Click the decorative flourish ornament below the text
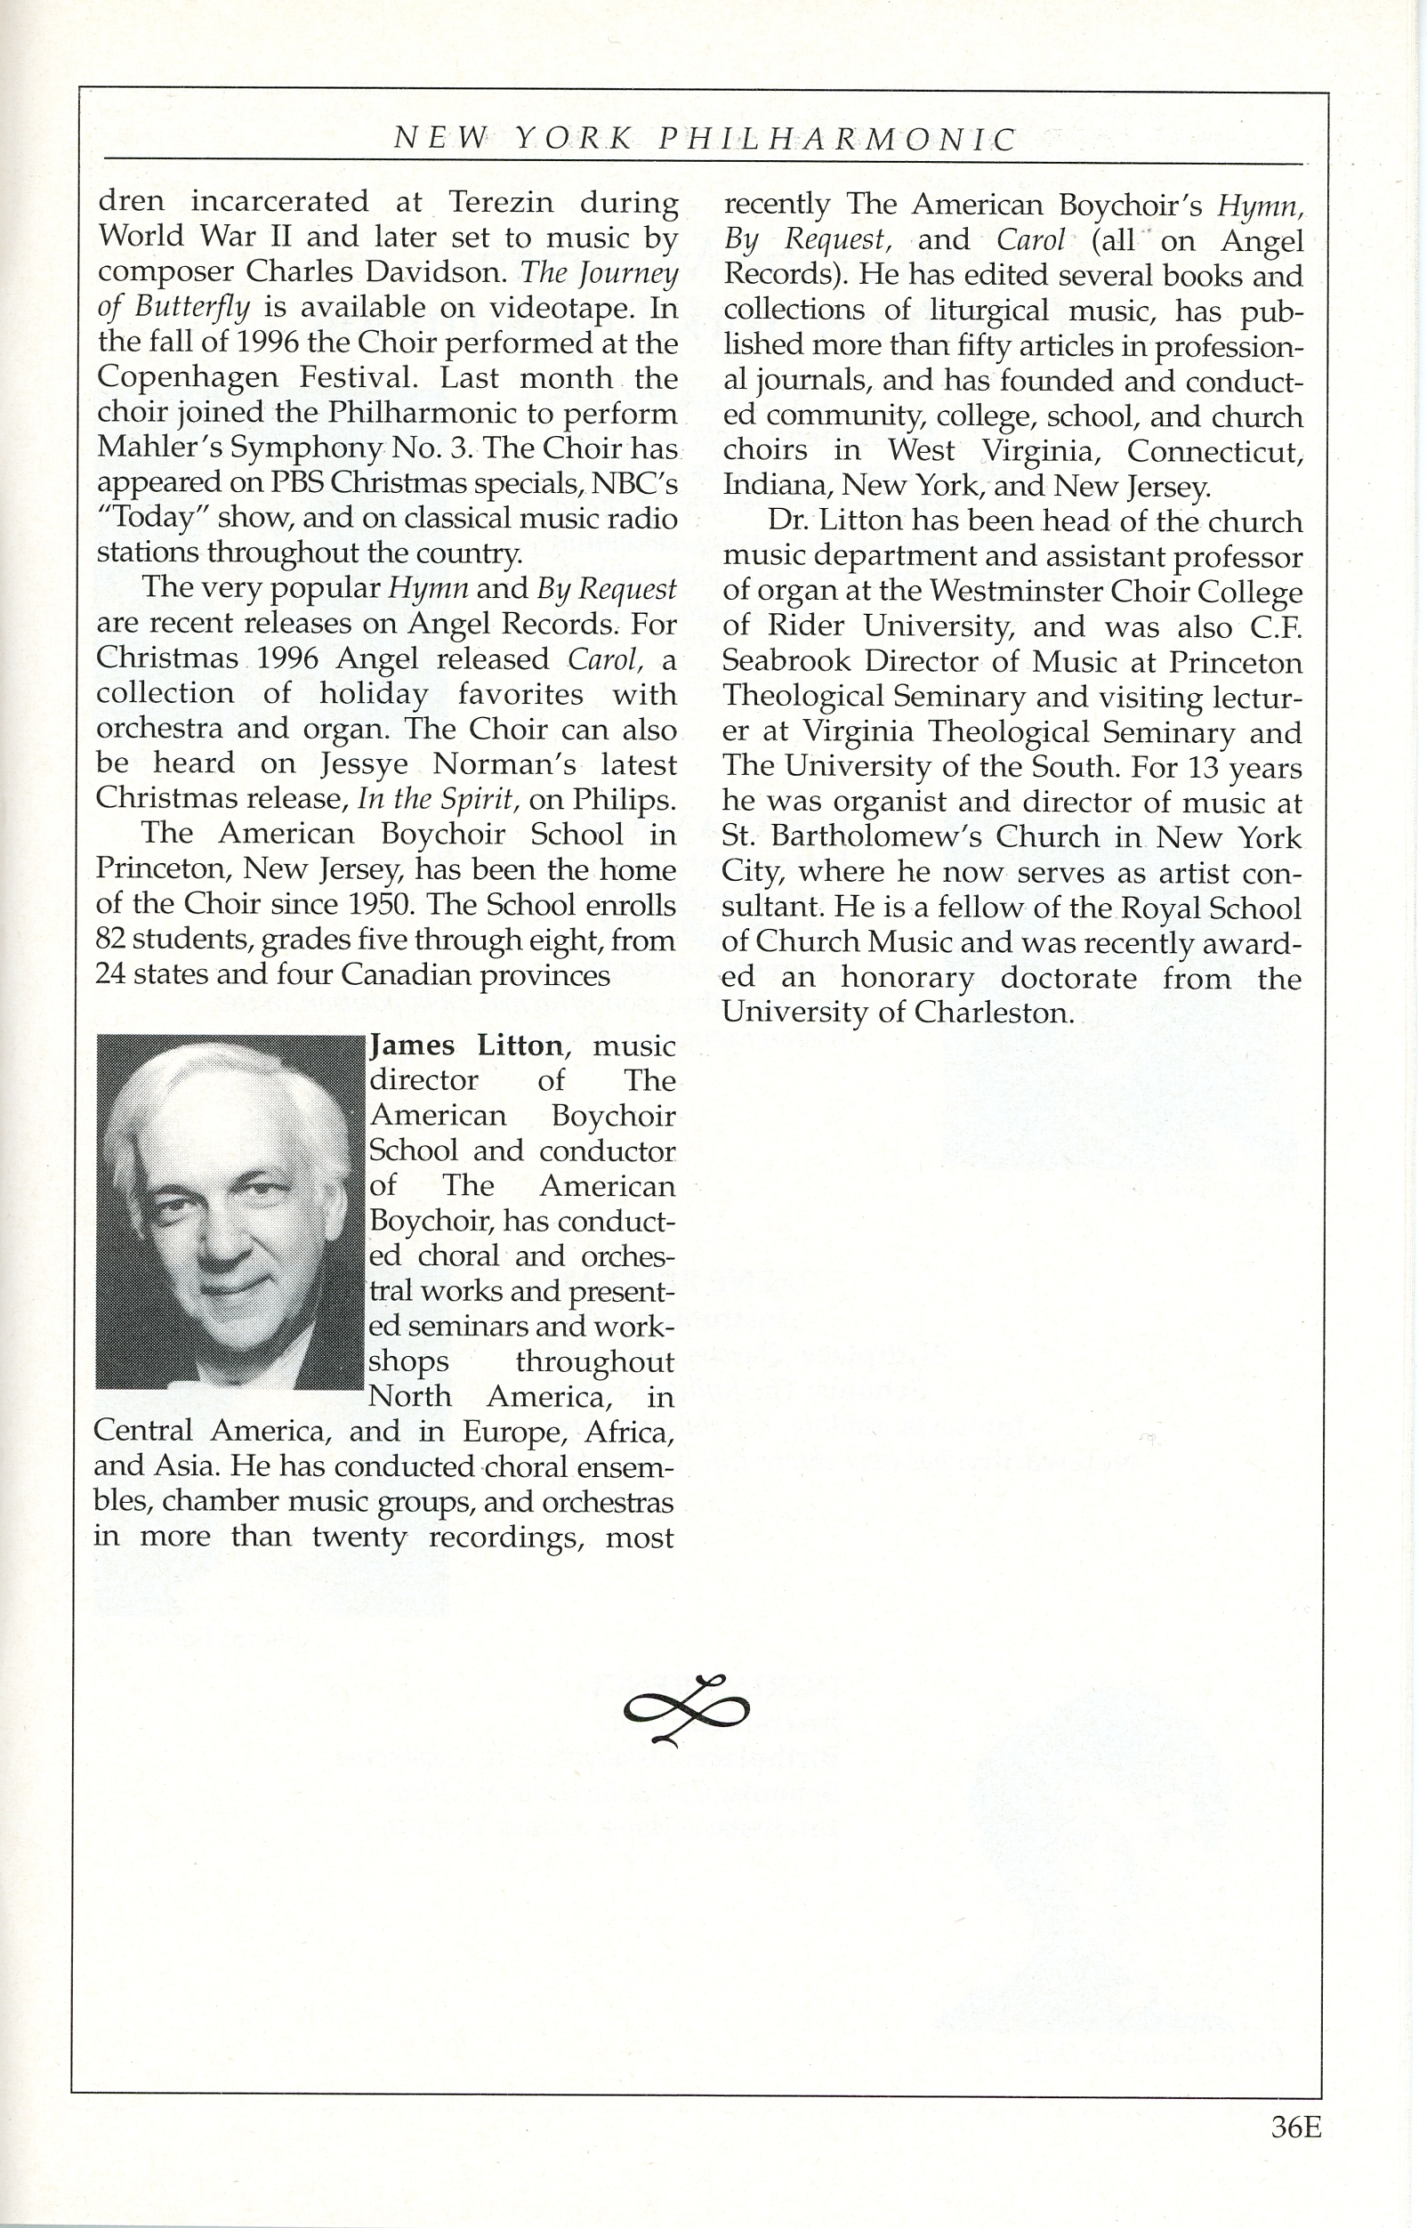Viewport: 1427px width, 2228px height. point(687,1709)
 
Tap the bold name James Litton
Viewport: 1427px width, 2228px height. point(466,1045)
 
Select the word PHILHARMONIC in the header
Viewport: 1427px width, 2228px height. point(837,139)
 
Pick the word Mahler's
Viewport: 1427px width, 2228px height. point(157,448)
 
